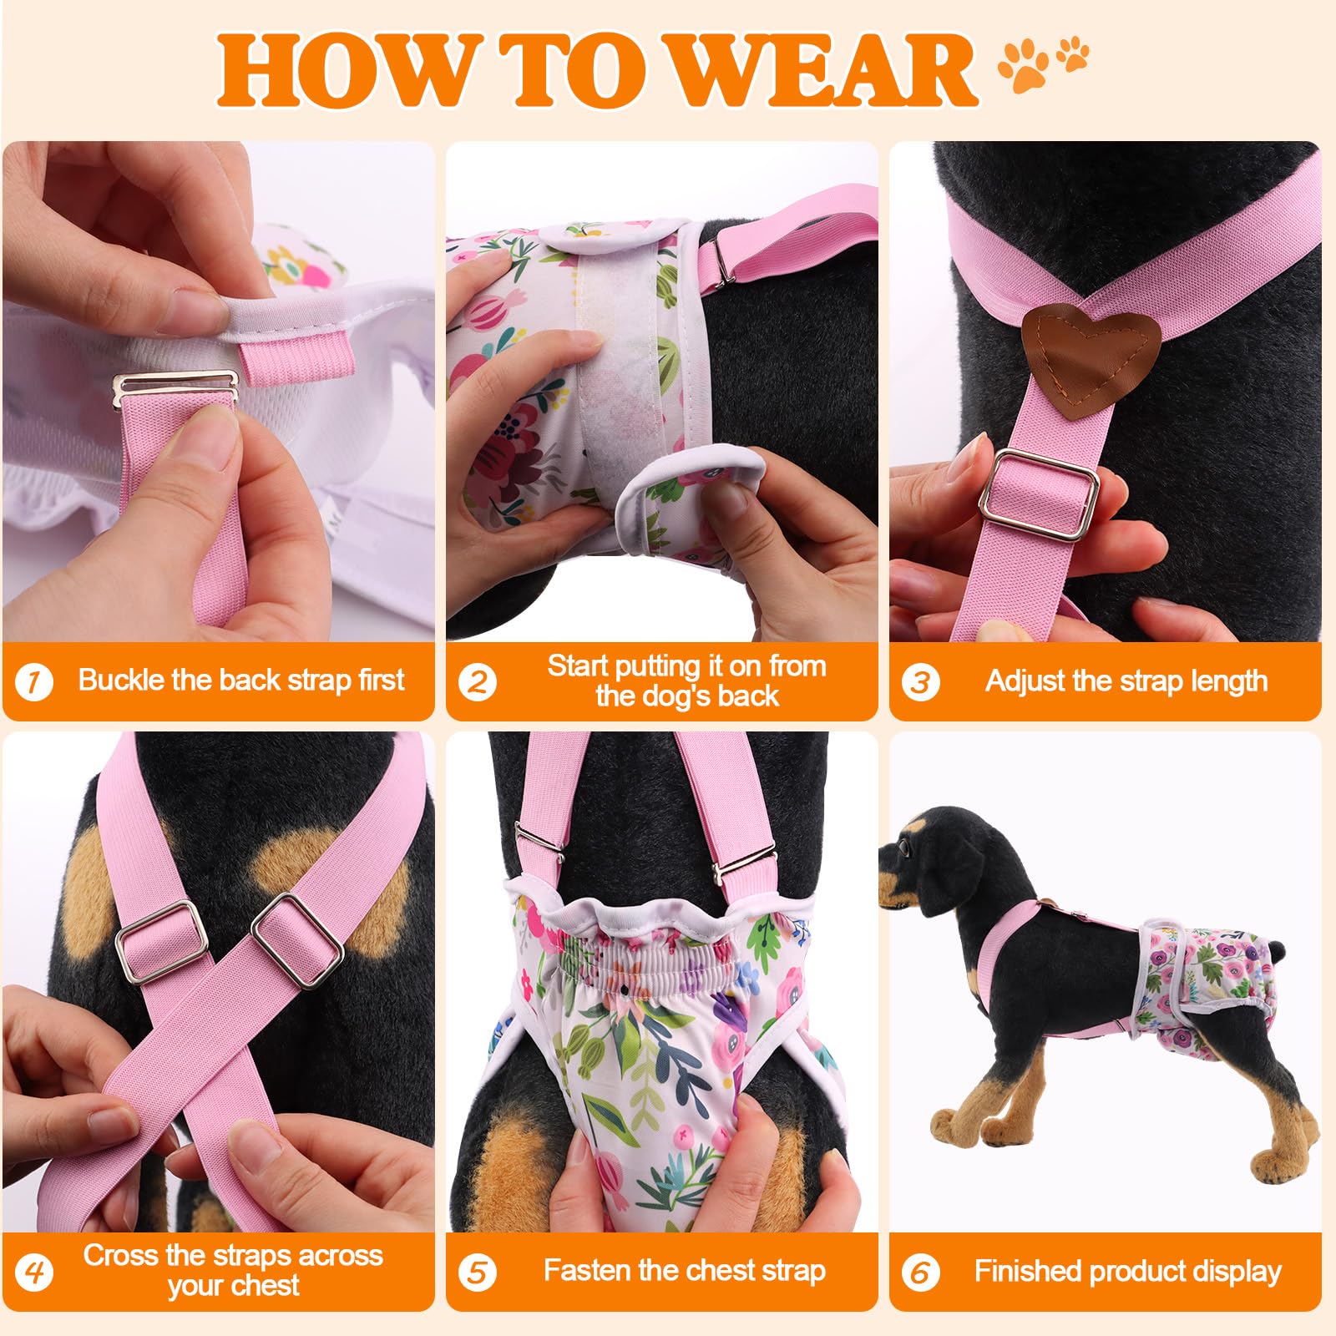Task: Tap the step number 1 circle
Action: click(x=34, y=681)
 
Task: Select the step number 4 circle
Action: click(x=34, y=1272)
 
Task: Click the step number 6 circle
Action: click(x=920, y=1272)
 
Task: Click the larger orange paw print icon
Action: click(x=1024, y=65)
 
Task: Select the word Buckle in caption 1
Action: click(x=121, y=680)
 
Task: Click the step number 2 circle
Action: click(x=477, y=681)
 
